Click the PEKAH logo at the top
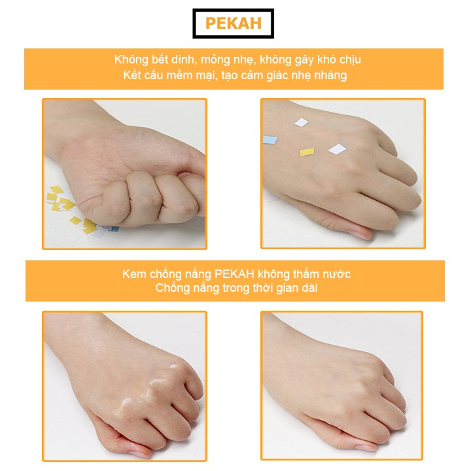pos(234,24)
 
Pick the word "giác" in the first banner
pos(279,75)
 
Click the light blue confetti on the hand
pos(271,139)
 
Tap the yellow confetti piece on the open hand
pos(307,152)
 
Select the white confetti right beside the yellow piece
pos(336,149)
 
